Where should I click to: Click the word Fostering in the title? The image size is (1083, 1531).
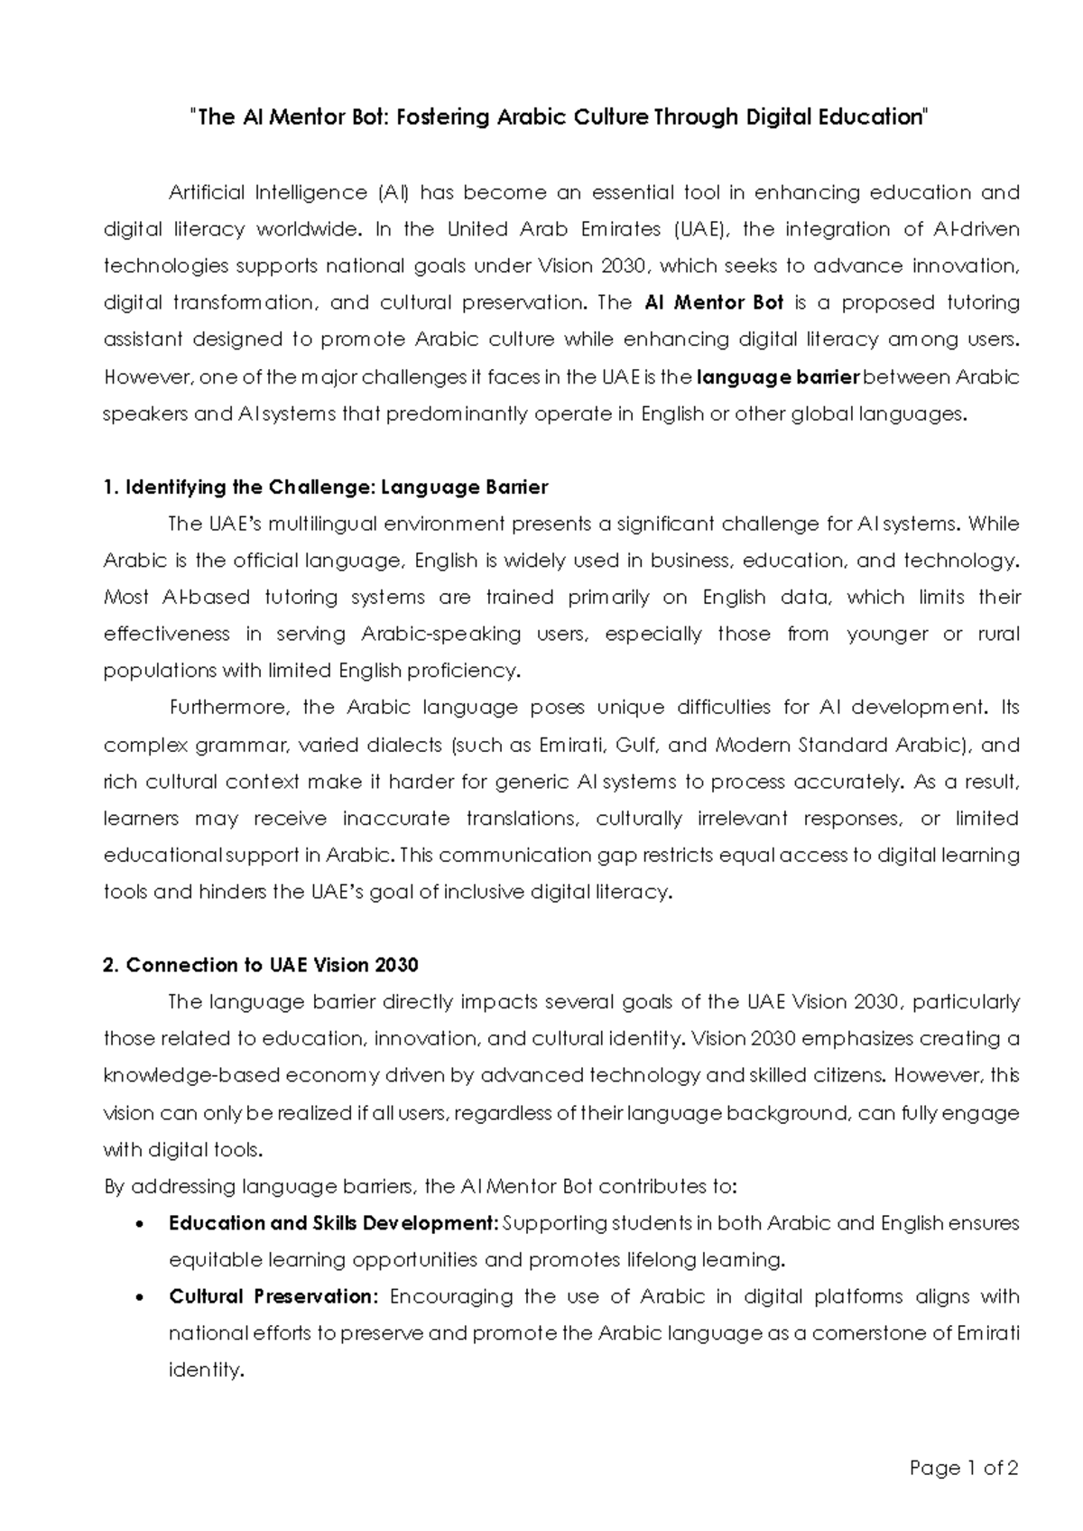tap(440, 117)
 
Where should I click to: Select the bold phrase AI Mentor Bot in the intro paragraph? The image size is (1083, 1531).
tap(716, 302)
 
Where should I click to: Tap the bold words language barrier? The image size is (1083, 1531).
tap(780, 376)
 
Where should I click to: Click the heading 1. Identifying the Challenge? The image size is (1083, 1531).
tap(326, 487)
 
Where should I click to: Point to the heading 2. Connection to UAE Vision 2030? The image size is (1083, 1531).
tap(261, 965)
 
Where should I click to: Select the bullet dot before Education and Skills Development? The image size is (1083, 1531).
tap(137, 1225)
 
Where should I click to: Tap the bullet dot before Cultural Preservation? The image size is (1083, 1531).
tap(137, 1298)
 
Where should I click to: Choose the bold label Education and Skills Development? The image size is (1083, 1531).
tap(333, 1223)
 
